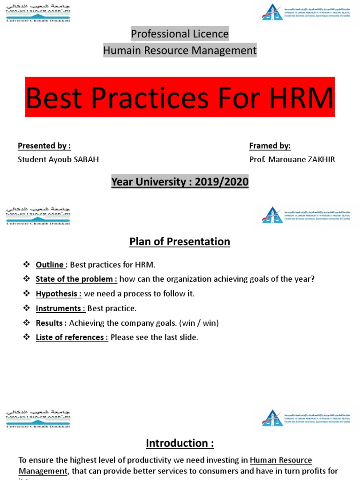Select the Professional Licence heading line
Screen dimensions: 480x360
[x=180, y=34]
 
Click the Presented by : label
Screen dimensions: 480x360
[x=44, y=146]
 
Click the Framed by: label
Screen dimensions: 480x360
[x=270, y=146]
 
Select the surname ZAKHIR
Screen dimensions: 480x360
[x=318, y=159]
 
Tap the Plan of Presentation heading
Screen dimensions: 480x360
[x=180, y=241]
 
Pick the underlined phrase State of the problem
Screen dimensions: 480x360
[x=76, y=279]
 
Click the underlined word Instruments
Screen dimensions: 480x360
[x=60, y=308]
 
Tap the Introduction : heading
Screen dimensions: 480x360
[x=180, y=443]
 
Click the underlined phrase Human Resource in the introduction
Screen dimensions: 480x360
[x=281, y=460]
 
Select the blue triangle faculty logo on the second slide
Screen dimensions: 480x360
[x=272, y=214]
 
